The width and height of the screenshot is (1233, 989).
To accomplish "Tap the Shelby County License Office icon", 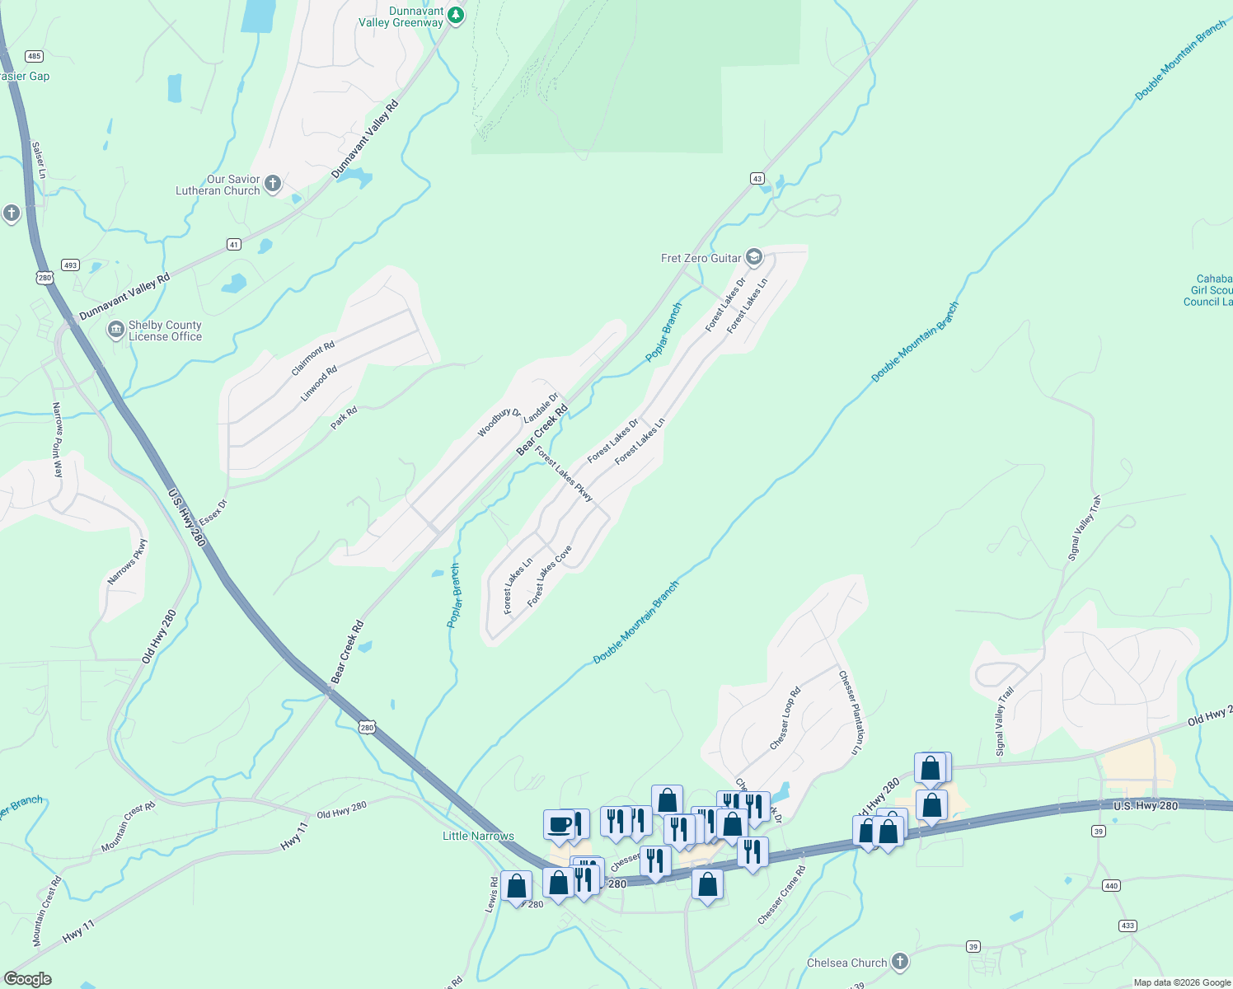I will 116,330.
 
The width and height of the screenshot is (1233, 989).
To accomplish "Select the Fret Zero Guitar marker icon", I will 753,257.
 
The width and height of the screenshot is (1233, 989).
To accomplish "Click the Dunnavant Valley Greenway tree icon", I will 455,16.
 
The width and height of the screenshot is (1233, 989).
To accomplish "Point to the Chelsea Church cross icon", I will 900,962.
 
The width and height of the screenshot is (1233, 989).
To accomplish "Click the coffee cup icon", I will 559,825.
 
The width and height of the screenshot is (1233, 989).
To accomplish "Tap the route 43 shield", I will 757,179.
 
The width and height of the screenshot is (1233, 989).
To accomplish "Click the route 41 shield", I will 234,245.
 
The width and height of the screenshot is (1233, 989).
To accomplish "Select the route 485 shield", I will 34,56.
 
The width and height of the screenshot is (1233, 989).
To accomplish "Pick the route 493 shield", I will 70,265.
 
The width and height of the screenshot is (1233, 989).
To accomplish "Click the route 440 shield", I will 1111,886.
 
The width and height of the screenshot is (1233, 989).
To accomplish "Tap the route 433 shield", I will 1128,926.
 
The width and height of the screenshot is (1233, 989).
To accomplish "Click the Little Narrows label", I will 478,836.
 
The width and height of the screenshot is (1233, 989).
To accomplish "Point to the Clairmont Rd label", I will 313,359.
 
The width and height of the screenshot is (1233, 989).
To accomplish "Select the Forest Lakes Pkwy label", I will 564,474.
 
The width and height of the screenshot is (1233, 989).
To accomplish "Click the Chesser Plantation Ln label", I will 853,713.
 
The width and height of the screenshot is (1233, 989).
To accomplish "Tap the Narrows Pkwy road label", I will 127,562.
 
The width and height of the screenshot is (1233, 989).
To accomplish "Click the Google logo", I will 28,979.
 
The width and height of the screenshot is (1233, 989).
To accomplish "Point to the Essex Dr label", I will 213,512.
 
